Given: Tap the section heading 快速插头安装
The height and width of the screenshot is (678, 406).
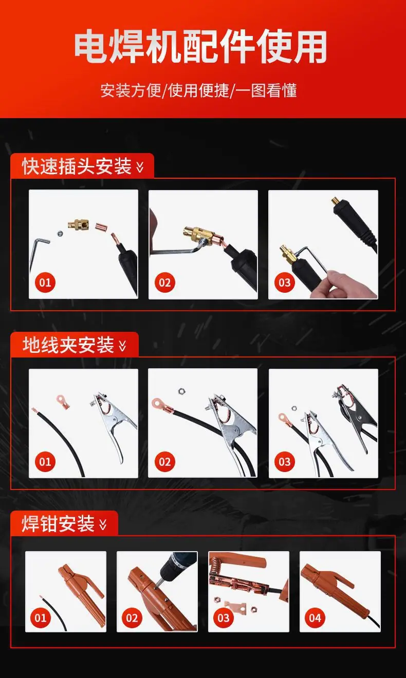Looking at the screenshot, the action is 77,166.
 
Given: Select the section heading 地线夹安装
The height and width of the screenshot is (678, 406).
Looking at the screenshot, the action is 68,345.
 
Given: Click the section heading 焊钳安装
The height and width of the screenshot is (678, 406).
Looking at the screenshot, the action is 58,524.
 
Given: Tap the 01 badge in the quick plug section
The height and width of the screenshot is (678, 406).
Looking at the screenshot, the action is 45,282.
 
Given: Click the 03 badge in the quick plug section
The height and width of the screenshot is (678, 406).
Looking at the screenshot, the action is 285,282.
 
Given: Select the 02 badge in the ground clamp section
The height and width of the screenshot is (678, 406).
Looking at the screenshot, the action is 164,462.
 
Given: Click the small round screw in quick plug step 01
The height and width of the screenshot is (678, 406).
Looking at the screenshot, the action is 60,234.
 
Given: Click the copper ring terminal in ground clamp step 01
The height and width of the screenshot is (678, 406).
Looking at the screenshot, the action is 62,401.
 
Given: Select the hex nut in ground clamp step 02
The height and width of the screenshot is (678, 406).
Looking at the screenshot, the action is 181,391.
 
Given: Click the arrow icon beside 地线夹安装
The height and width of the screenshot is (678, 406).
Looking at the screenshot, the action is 123,346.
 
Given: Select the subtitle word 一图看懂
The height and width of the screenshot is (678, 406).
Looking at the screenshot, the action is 266,91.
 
